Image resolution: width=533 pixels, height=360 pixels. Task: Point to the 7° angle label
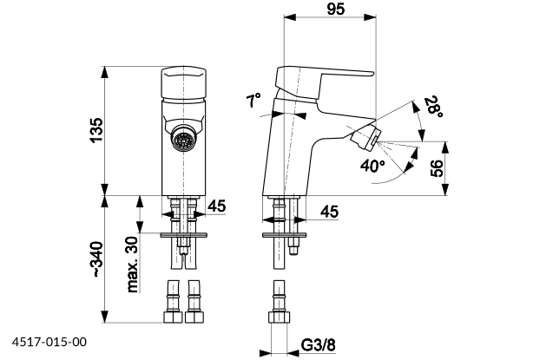253,102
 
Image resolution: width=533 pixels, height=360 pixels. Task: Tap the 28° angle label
432,108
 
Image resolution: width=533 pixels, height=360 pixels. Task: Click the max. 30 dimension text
133,264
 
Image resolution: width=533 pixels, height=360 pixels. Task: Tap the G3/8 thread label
318,346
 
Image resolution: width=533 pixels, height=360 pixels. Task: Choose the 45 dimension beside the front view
217,206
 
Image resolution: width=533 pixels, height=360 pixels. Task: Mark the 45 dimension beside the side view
329,211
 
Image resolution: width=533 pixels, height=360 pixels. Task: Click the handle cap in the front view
182,83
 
